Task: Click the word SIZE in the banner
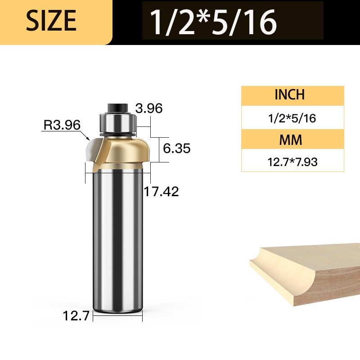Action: coord(51,20)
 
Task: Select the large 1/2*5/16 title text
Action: coord(213,22)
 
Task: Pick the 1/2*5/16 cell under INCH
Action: coord(292,118)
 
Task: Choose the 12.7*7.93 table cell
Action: coord(292,162)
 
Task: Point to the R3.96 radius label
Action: coord(62,125)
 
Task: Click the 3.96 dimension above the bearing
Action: coord(149,108)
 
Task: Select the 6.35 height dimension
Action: coord(176,148)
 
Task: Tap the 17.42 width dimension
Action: coord(161,192)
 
